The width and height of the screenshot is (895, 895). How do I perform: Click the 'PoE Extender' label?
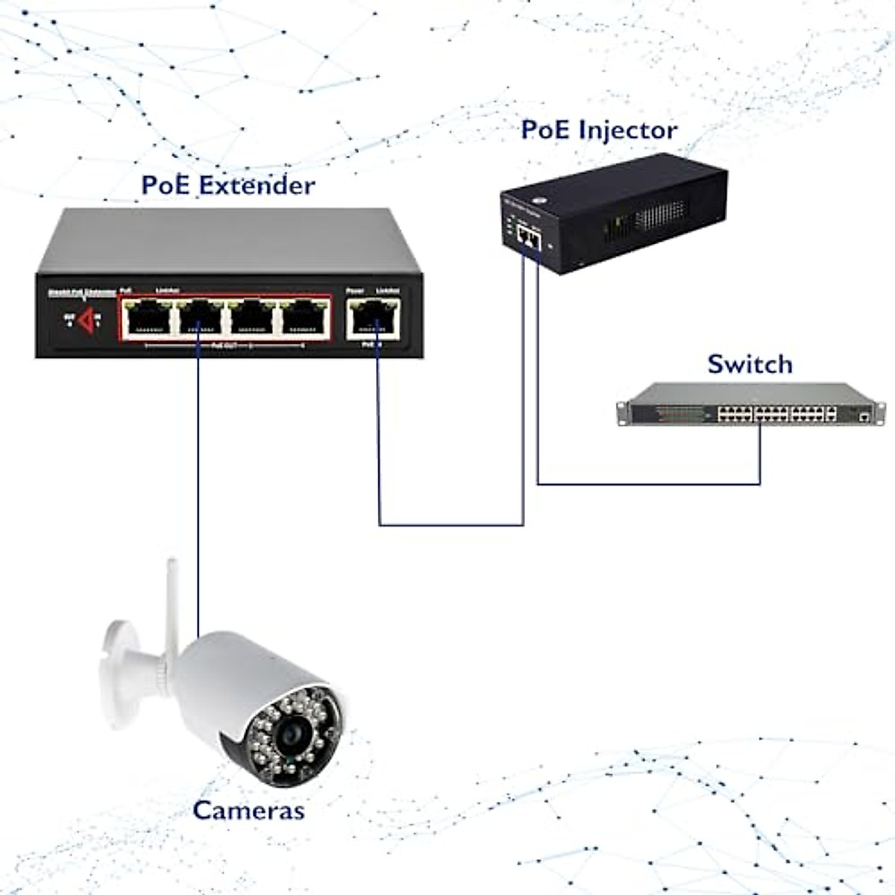click(228, 185)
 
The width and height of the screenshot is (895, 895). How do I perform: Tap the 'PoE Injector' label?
click(599, 130)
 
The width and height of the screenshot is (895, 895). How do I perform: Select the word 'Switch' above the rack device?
click(750, 364)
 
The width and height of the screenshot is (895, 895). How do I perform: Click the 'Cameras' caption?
click(248, 810)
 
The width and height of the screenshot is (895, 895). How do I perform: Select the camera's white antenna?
click(172, 597)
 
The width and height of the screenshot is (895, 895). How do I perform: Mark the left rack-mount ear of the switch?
click(622, 412)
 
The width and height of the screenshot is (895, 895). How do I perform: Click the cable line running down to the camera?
click(198, 485)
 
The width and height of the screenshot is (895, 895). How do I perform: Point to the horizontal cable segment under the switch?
click(649, 485)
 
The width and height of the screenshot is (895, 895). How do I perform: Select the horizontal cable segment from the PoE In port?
click(451, 525)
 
